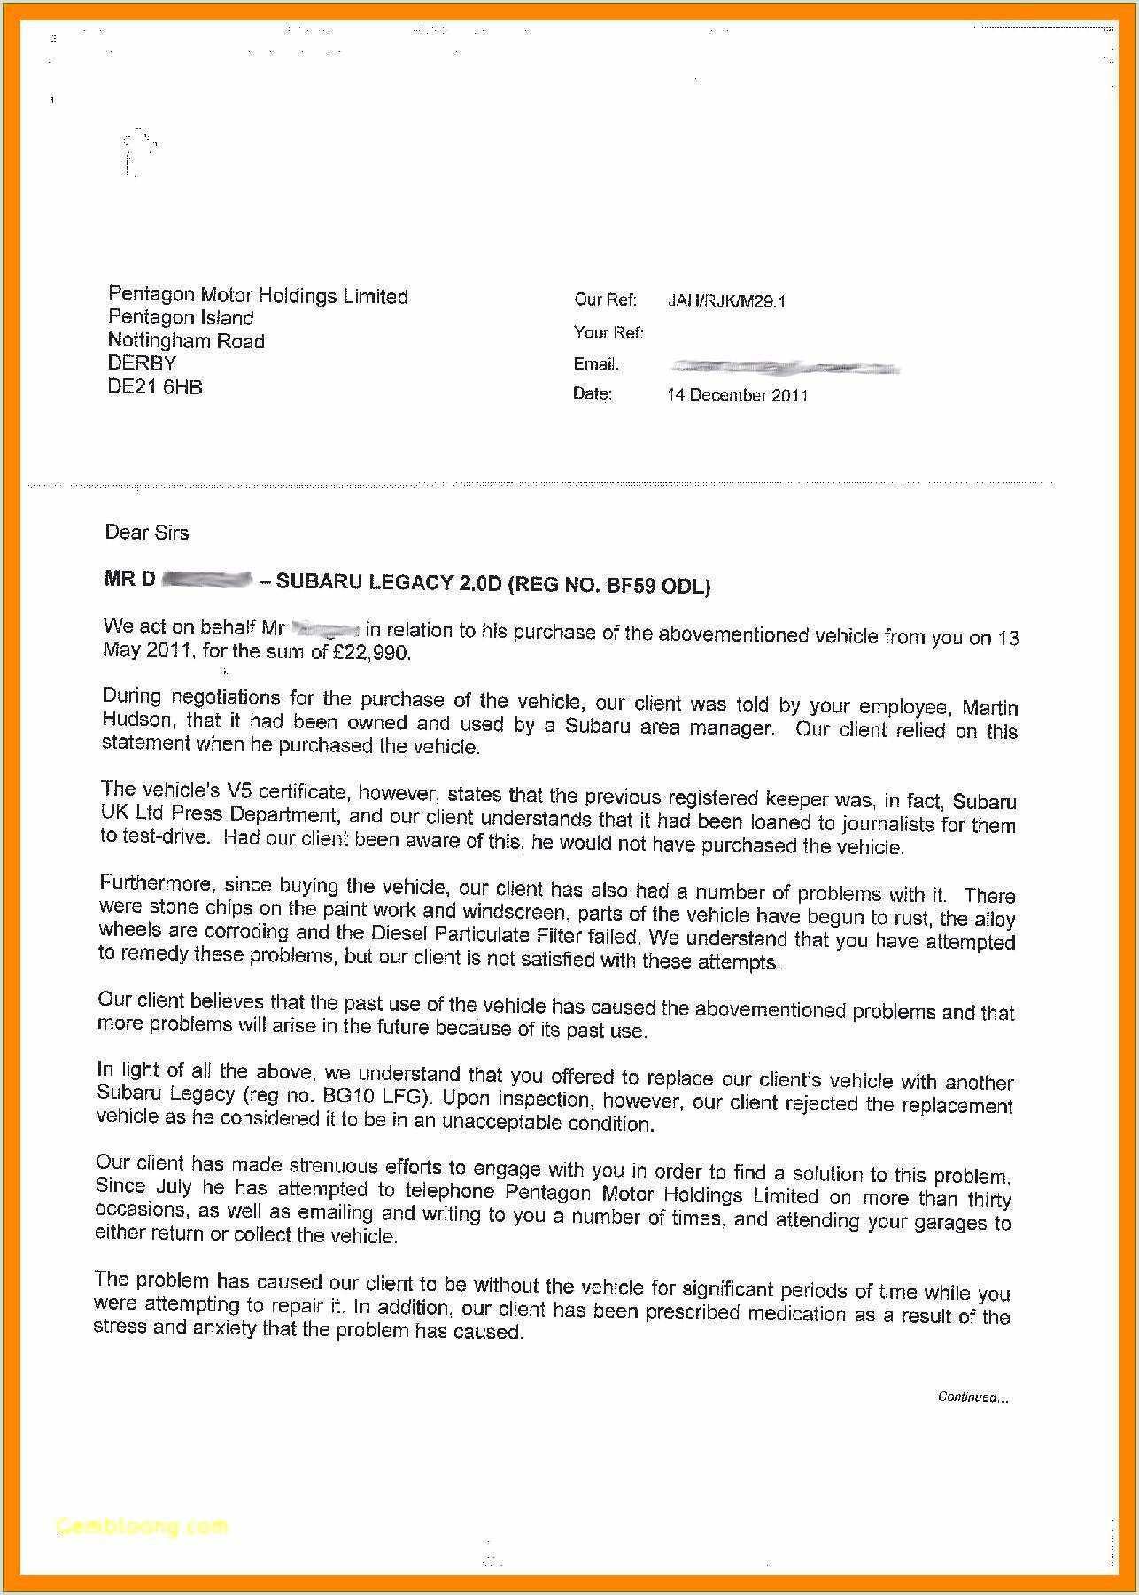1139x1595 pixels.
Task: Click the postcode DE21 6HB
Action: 155,387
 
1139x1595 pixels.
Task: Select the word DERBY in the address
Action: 142,363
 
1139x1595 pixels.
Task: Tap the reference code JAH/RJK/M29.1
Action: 726,301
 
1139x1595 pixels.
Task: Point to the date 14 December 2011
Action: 737,395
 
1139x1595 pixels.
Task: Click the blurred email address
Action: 784,367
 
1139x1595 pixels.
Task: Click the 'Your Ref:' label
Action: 608,332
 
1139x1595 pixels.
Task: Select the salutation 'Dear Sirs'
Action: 147,533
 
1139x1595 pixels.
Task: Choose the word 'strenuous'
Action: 337,1166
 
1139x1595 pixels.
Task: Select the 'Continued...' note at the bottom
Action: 972,1397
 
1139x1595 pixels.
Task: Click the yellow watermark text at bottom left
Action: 142,1526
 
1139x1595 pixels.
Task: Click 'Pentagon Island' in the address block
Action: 181,318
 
